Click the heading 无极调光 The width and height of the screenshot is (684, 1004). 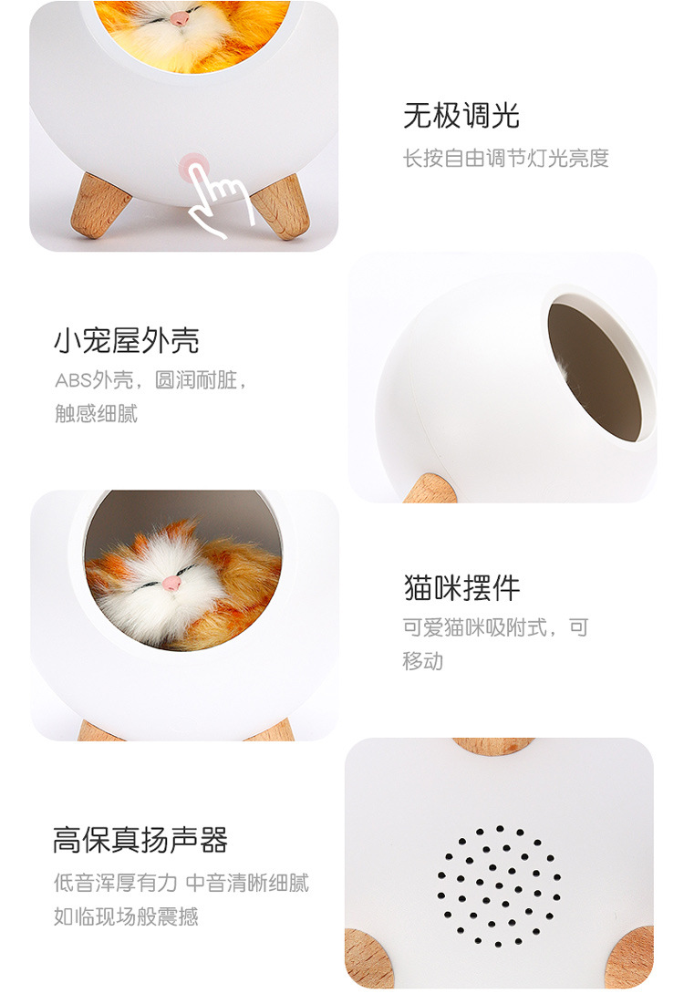(x=461, y=116)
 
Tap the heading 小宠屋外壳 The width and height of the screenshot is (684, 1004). (x=126, y=340)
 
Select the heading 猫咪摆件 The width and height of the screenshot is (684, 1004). (x=461, y=587)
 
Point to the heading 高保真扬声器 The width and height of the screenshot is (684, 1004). (x=140, y=840)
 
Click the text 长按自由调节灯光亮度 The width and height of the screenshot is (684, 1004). (x=506, y=159)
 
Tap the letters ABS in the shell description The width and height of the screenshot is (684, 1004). (x=72, y=380)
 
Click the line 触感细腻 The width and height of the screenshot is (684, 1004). (x=96, y=413)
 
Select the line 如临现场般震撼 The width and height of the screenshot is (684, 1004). (x=126, y=916)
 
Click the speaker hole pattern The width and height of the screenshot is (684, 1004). (x=499, y=885)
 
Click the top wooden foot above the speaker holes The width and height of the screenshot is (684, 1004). (x=492, y=745)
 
